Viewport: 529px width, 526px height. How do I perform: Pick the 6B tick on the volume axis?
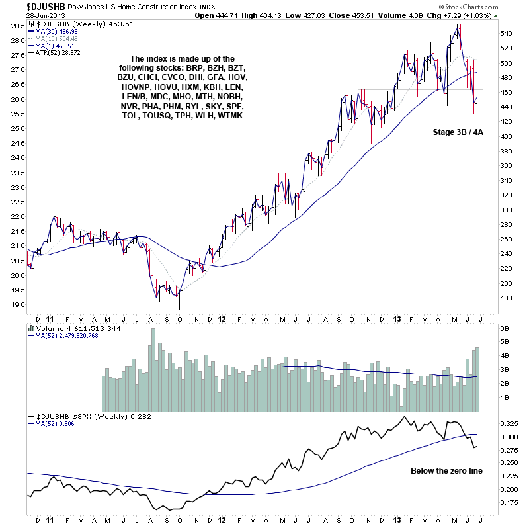coord(505,329)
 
